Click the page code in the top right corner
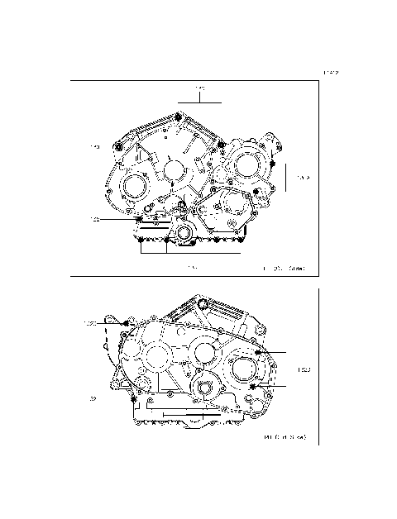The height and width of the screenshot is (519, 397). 331,74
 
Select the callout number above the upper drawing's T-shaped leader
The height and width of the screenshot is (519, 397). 199,88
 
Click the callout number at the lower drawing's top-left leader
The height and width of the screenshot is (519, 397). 89,322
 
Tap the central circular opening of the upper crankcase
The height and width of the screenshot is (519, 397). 174,170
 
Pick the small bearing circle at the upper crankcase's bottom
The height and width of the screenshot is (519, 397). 182,236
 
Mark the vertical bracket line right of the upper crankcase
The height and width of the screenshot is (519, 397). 285,177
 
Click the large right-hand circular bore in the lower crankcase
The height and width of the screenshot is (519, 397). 246,369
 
